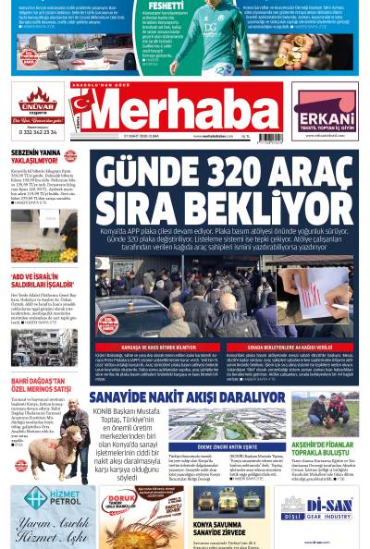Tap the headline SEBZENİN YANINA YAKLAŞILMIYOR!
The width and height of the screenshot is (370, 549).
coord(42,157)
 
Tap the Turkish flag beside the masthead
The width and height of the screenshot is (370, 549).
coord(80,112)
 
